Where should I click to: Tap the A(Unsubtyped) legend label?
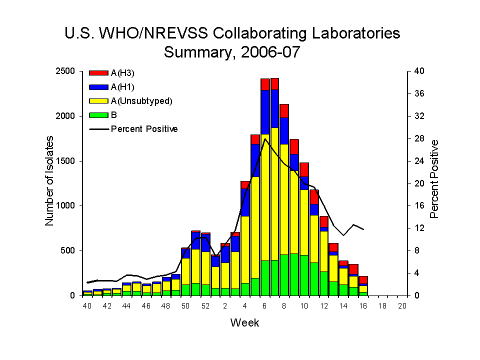click(141, 101)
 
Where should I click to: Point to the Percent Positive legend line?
click(98, 129)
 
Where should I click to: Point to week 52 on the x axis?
click(205, 306)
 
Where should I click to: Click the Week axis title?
click(244, 322)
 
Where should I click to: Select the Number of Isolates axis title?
click(50, 183)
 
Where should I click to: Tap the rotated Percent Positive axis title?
click(434, 179)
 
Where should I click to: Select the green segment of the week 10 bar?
click(304, 275)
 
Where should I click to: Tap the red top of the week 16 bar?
click(363, 280)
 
